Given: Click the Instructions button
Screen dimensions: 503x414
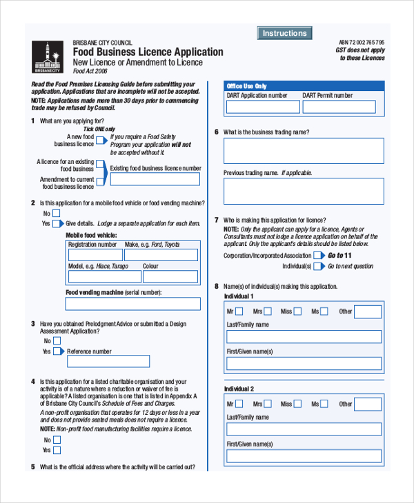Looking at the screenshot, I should (284, 33).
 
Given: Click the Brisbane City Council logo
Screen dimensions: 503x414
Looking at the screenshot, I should (47, 57).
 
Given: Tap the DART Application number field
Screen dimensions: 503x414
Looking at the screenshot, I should (263, 107).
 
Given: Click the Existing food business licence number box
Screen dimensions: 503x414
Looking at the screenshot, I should (155, 179).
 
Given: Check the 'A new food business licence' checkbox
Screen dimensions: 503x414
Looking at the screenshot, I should (101, 140).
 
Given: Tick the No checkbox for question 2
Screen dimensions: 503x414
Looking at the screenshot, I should (57, 213).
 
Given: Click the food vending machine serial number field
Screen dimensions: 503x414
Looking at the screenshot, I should (133, 304).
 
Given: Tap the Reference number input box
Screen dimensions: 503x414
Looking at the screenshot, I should (108, 361).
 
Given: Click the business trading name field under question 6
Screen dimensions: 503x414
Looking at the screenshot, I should (304, 151).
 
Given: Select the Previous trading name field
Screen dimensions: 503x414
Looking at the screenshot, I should (304, 191).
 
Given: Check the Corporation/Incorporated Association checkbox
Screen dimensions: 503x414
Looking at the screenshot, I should (318, 255).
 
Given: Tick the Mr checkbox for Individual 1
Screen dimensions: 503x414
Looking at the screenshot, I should (239, 311).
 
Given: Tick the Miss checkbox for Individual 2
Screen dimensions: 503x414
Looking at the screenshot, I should (296, 404).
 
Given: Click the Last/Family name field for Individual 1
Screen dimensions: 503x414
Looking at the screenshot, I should (304, 336).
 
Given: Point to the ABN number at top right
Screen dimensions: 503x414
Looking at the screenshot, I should (362, 42).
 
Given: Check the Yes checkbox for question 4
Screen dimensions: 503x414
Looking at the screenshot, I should (57, 451).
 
